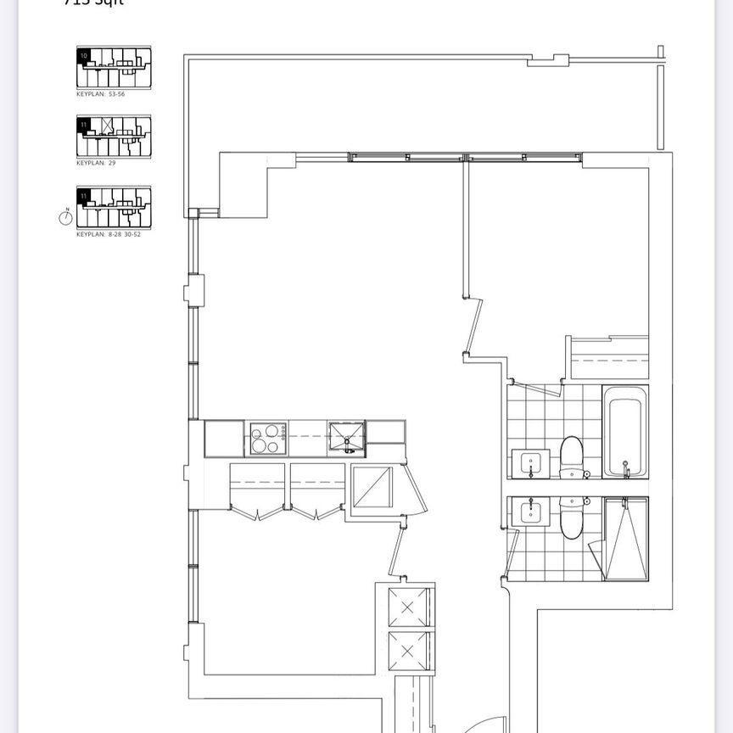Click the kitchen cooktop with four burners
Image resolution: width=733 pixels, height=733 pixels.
[x=267, y=439]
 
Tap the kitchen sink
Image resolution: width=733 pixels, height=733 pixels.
[x=346, y=437]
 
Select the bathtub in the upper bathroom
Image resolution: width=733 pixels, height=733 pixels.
[x=625, y=431]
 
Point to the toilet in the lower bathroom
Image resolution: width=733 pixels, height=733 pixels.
[x=572, y=518]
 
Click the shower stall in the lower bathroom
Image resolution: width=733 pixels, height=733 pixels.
[x=625, y=539]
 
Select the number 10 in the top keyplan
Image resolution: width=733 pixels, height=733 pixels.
[x=82, y=54]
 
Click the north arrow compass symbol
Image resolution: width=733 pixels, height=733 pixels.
[x=66, y=218]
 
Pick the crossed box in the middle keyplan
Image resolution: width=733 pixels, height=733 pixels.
[x=107, y=126]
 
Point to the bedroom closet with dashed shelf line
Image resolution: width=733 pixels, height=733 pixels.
[x=609, y=359]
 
